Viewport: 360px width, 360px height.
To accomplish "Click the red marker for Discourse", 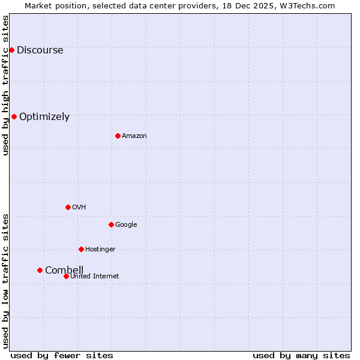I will pyautogui.click(x=11, y=50).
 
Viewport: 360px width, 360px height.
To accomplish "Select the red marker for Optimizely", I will pyautogui.click(x=14, y=116).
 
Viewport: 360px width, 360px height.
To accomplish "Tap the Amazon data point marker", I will pyautogui.click(x=118, y=136).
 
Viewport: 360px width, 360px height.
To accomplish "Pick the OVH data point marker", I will pyautogui.click(x=68, y=207).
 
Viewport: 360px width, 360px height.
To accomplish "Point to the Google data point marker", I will pyautogui.click(x=111, y=224).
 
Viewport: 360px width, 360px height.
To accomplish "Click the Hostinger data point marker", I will pyautogui.click(x=81, y=249).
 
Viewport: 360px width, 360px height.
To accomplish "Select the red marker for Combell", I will pyautogui.click(x=40, y=270).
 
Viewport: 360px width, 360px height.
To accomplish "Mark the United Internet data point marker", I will pyautogui.click(x=66, y=276).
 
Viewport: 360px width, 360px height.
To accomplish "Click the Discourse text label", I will pyautogui.click(x=40, y=50).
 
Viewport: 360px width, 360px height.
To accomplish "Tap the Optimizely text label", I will pyautogui.click(x=44, y=117).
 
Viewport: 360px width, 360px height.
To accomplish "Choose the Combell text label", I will pyautogui.click(x=64, y=270).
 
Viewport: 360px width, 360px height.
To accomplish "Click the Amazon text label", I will pyautogui.click(x=134, y=136).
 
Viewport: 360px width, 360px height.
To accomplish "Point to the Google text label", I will pyautogui.click(x=126, y=225).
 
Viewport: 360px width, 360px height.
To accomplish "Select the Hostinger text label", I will pyautogui.click(x=100, y=250).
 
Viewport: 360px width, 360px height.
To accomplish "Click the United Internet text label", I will pyautogui.click(x=95, y=277).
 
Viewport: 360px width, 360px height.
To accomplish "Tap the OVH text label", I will pyautogui.click(x=79, y=208).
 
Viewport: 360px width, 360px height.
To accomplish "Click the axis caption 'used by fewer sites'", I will pyautogui.click(x=62, y=355).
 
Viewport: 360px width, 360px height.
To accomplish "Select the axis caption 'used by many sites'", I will pyautogui.click(x=301, y=355).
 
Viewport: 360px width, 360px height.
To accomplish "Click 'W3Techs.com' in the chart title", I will pyautogui.click(x=307, y=5).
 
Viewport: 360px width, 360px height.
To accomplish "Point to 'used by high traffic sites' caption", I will pyautogui.click(x=5, y=85).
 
